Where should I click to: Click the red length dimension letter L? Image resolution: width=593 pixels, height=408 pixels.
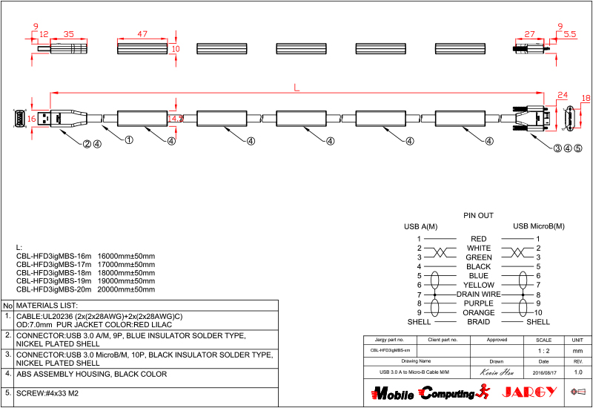(296, 88)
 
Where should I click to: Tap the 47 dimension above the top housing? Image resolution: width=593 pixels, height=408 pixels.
(143, 34)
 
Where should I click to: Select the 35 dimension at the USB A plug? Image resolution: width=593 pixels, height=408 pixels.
(69, 34)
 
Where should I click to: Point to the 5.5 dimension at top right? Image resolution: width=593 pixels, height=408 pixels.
(569, 34)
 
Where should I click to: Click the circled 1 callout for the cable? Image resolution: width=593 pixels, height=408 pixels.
(128, 139)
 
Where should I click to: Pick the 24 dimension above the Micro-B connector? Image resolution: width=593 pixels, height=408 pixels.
(561, 95)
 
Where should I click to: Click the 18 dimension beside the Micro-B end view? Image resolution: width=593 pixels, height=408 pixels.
(586, 98)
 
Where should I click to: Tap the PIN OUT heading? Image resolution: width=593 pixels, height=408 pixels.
(478, 216)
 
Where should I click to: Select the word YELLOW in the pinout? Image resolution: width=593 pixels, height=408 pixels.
(478, 285)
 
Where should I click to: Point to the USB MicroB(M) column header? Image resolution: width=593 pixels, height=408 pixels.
(538, 226)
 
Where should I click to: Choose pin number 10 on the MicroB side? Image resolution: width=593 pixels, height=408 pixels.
(538, 312)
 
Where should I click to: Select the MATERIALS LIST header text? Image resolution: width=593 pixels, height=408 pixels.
(47, 305)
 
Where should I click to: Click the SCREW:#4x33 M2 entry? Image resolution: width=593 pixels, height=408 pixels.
(47, 393)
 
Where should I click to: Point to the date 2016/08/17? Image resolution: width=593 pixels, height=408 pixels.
(543, 372)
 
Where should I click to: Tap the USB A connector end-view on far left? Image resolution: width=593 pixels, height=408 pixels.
(19, 118)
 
